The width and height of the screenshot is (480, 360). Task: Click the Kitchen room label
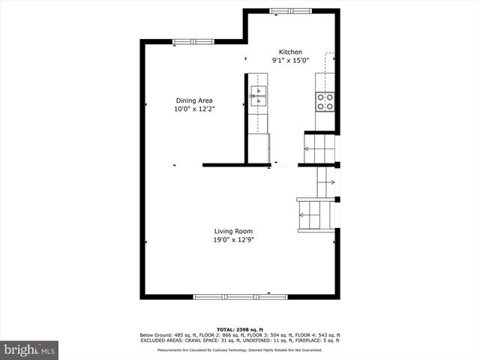pyautogui.click(x=291, y=52)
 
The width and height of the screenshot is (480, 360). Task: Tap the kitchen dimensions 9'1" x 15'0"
pyautogui.click(x=290, y=61)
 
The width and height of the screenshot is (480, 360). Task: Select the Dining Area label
pyautogui.click(x=194, y=100)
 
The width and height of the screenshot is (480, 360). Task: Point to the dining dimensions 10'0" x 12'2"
pyautogui.click(x=194, y=109)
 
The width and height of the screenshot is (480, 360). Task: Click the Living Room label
pyautogui.click(x=233, y=231)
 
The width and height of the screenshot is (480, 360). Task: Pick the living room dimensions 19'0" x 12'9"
pyautogui.click(x=233, y=240)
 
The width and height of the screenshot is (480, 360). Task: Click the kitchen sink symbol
pyautogui.click(x=258, y=93)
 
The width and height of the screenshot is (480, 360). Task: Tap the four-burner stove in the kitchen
pyautogui.click(x=325, y=101)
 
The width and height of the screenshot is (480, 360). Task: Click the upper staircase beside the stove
pyautogui.click(x=319, y=147)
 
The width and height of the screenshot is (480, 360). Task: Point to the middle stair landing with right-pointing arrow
pyautogui.click(x=326, y=181)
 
